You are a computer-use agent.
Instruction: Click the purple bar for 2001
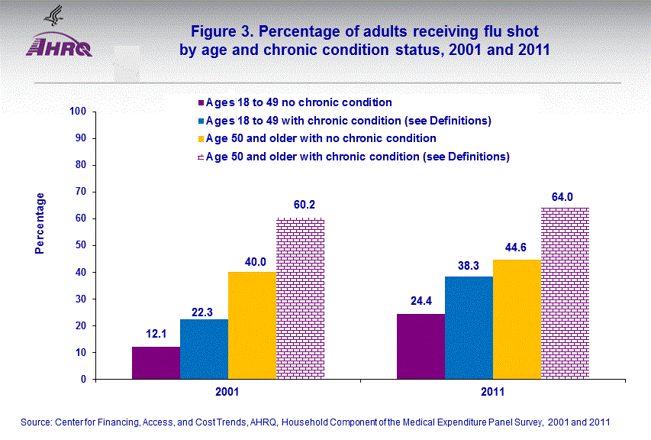(156, 363)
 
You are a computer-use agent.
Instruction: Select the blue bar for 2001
(204, 349)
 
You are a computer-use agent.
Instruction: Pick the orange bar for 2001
(252, 325)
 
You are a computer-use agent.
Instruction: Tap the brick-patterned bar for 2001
(300, 299)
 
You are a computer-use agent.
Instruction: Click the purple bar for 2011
(421, 346)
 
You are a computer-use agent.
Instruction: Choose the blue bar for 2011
(469, 328)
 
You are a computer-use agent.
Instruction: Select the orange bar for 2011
(517, 319)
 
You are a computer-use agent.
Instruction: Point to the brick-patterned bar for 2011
(565, 293)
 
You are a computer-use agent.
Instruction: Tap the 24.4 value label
(421, 301)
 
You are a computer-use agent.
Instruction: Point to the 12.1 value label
(156, 335)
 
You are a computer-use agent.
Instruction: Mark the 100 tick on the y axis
(77, 112)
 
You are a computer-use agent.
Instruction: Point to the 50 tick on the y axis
(79, 245)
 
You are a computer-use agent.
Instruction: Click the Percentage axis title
(40, 223)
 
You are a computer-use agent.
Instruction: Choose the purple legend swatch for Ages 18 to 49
(201, 102)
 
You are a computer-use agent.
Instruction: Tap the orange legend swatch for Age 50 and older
(201, 139)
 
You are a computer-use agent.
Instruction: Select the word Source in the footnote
(37, 422)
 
